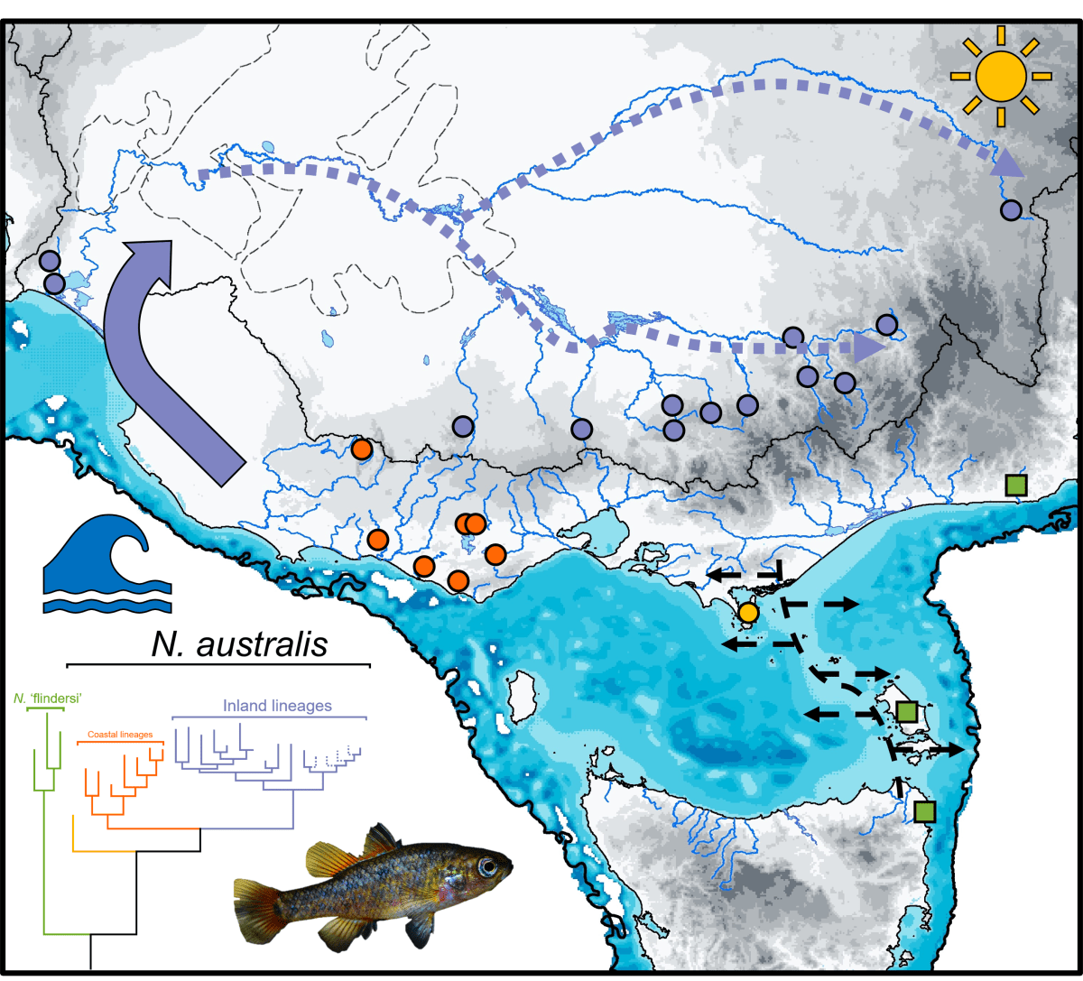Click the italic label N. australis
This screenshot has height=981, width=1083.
[x=238, y=644]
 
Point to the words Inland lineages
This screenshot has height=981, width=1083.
[x=277, y=706]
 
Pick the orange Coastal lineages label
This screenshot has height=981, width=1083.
[x=119, y=735]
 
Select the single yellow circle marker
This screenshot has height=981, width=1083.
[x=747, y=613]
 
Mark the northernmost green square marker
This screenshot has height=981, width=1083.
[x=1016, y=485]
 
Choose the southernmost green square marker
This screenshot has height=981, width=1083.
[x=923, y=811]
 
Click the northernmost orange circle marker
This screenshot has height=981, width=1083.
[x=362, y=449]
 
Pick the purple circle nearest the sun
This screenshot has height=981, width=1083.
[x=1011, y=210]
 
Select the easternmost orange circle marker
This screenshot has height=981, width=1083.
[x=495, y=553]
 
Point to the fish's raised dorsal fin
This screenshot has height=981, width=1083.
[x=379, y=841]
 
